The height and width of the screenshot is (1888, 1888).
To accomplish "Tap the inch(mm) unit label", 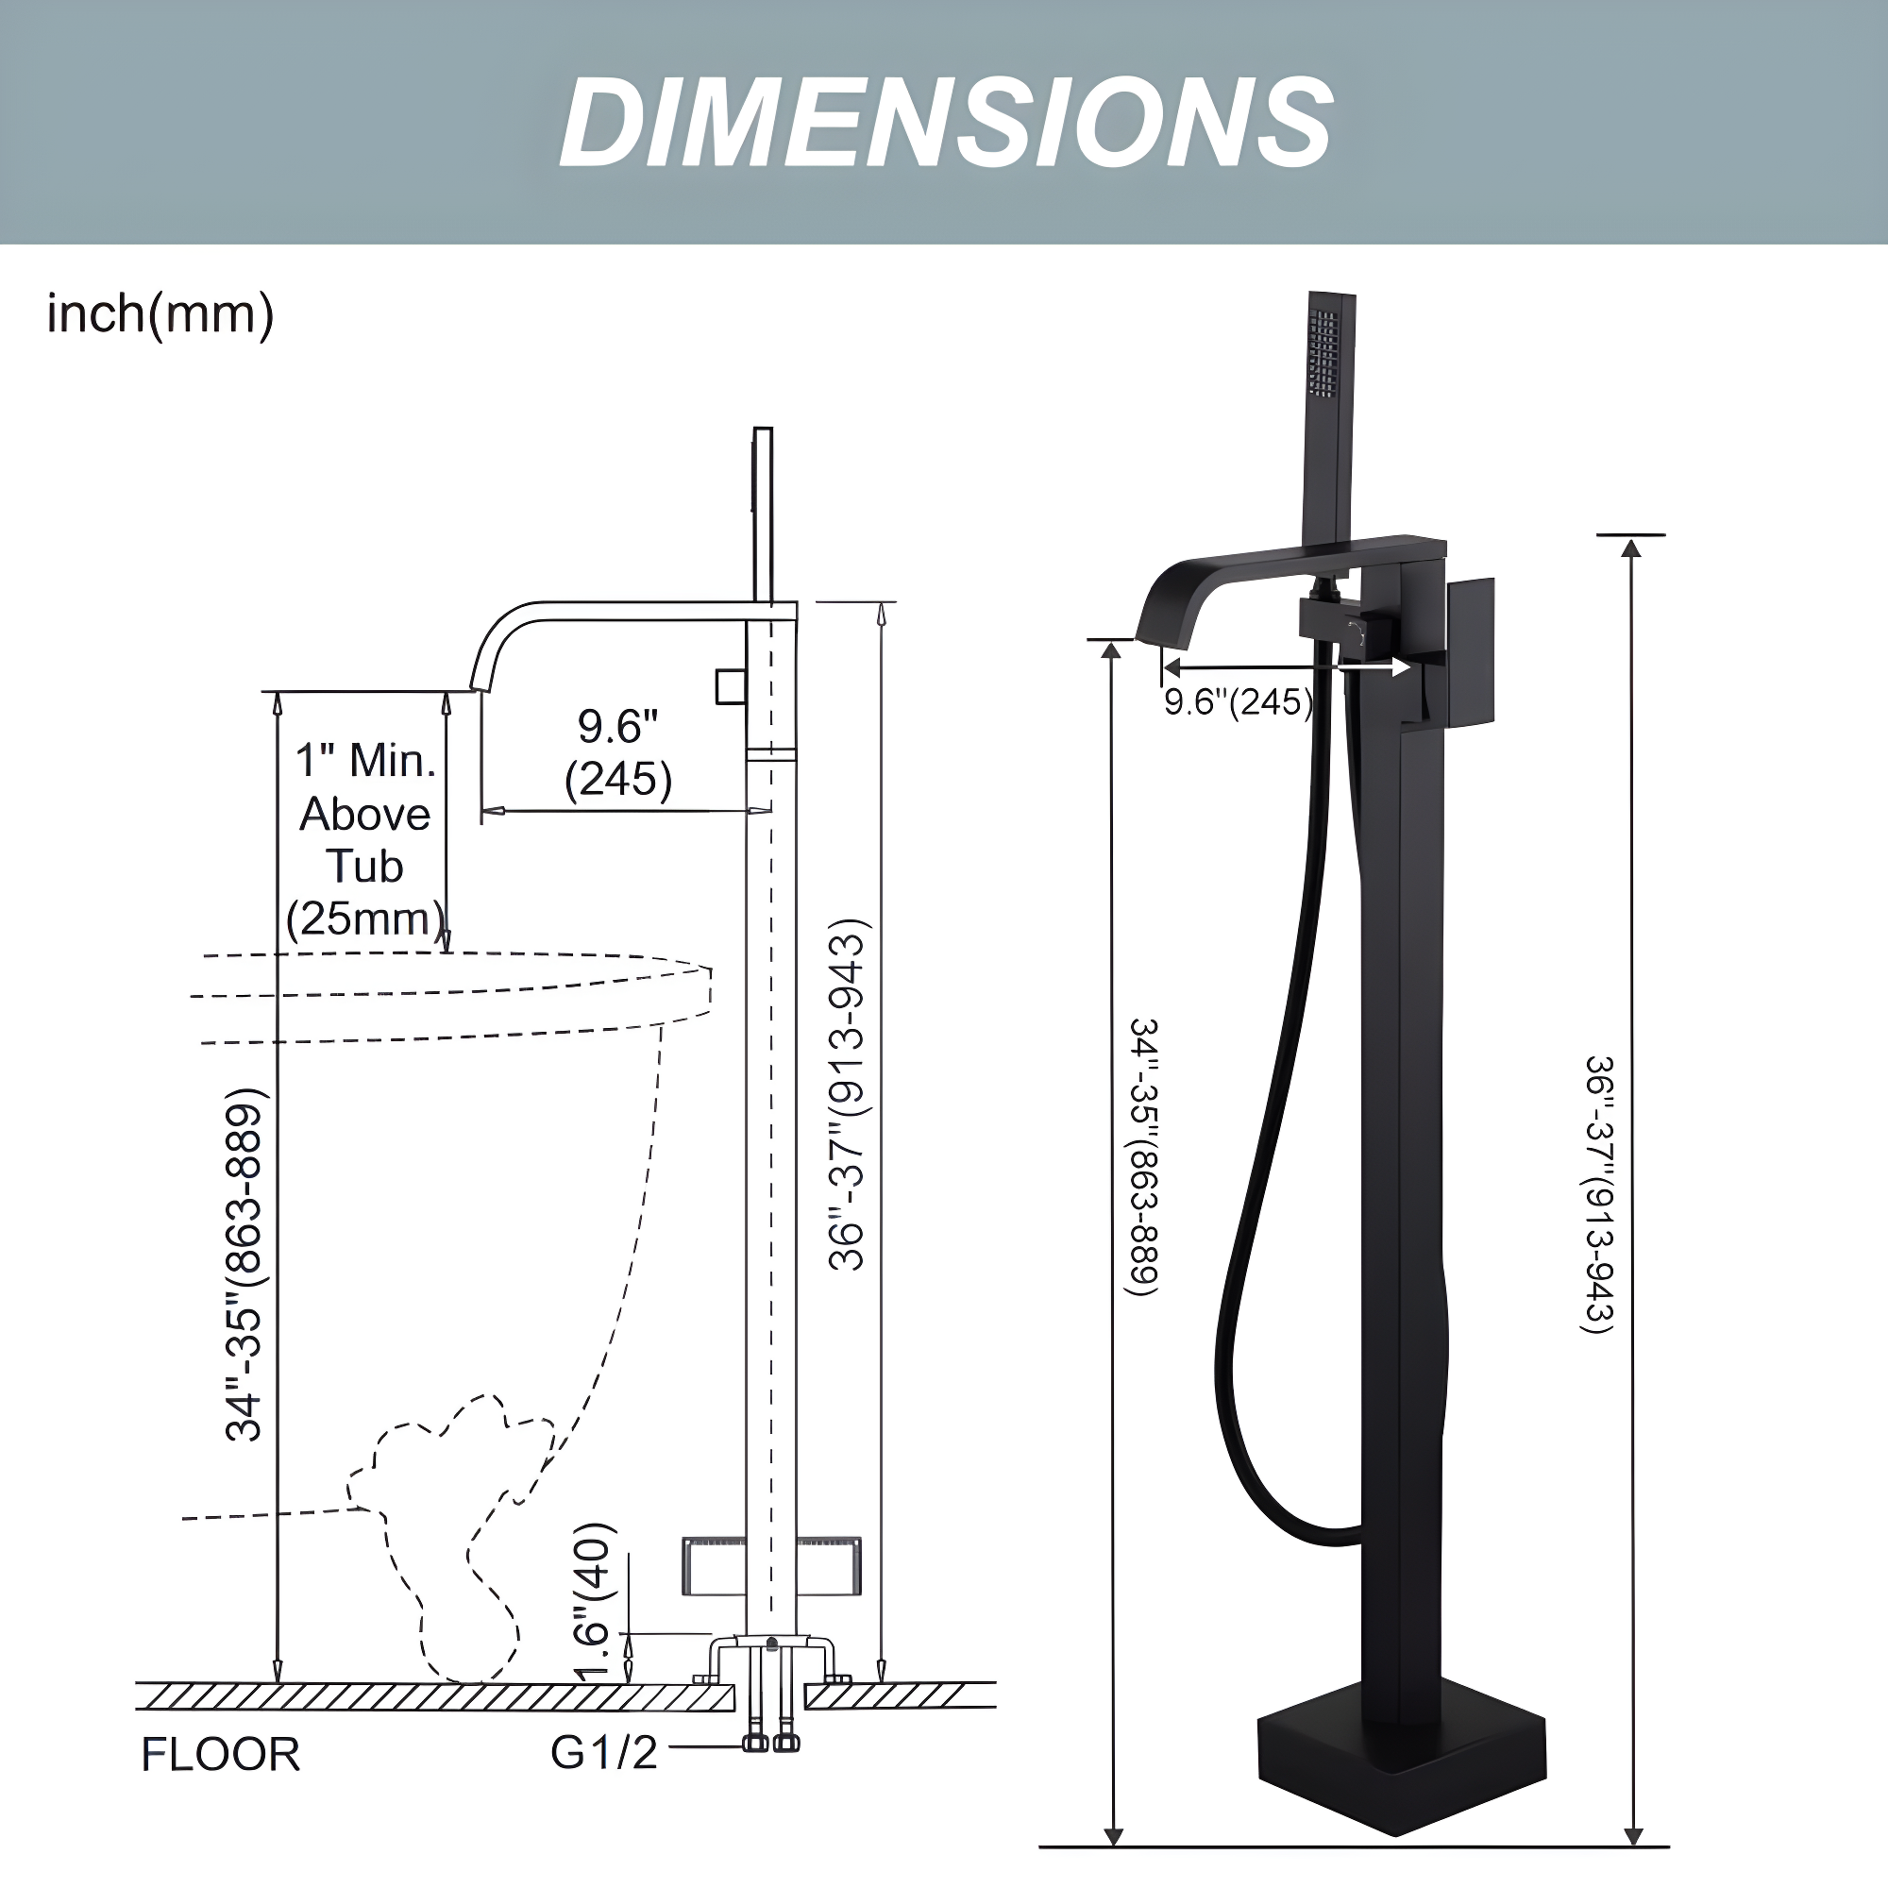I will pyautogui.click(x=160, y=314).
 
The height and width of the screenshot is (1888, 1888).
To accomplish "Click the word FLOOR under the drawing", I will pyautogui.click(x=220, y=1754).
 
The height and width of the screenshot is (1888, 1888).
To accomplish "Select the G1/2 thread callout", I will pyautogui.click(x=604, y=1752).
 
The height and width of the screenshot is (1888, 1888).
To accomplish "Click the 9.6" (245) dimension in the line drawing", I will pyautogui.click(x=617, y=752).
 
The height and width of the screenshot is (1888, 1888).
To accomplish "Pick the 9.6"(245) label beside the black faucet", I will pyautogui.click(x=1239, y=701).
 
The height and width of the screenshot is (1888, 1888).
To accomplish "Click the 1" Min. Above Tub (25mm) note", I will pyautogui.click(x=365, y=840).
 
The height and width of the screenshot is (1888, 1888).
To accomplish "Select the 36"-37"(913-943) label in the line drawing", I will pyautogui.click(x=846, y=1094).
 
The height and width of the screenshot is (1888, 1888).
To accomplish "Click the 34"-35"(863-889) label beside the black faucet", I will pyautogui.click(x=1143, y=1157).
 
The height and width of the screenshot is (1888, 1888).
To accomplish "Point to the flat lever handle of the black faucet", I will pyautogui.click(x=1470, y=653).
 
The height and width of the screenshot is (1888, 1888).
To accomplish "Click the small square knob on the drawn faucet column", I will pyautogui.click(x=730, y=686).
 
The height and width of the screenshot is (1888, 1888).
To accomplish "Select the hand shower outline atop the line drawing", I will pyautogui.click(x=763, y=513).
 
